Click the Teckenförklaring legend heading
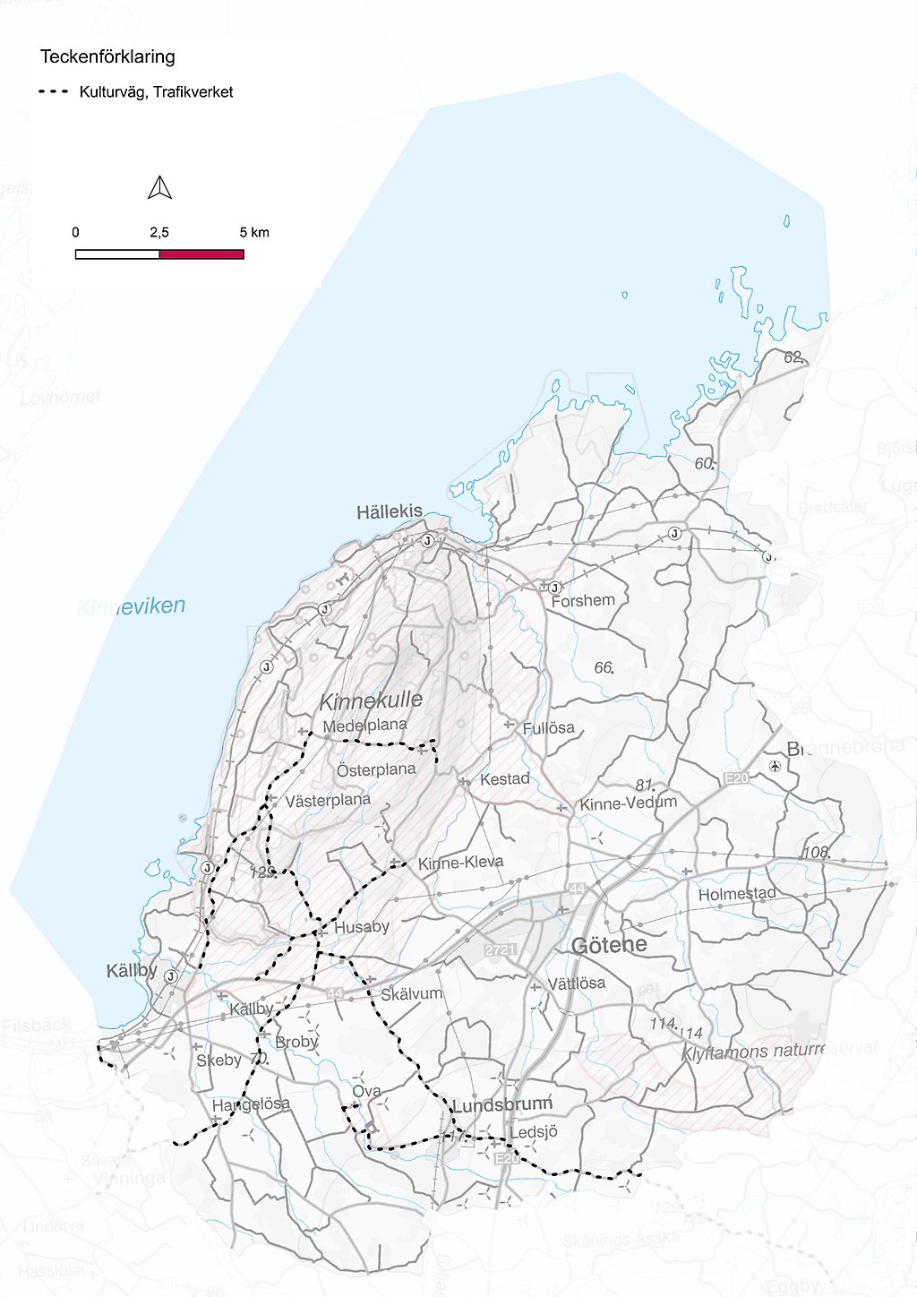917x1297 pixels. click(107, 57)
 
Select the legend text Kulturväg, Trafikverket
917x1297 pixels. click(156, 92)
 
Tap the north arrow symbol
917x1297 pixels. click(159, 188)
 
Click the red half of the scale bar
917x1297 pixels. click(201, 254)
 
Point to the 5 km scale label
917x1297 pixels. click(254, 233)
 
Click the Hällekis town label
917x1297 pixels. click(390, 512)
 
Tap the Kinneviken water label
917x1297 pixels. click(132, 607)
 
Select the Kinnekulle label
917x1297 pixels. click(371, 700)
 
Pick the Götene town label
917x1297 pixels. click(609, 945)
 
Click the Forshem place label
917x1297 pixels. click(583, 601)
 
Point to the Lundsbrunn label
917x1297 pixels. click(502, 1105)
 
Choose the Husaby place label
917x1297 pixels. click(362, 928)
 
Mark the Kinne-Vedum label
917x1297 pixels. click(629, 803)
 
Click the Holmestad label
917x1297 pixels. click(737, 894)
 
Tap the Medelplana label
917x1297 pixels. click(364, 726)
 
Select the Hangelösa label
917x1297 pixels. click(251, 1104)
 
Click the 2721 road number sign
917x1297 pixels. click(501, 949)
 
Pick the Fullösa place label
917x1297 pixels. click(548, 728)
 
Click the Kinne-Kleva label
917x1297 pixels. click(460, 863)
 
